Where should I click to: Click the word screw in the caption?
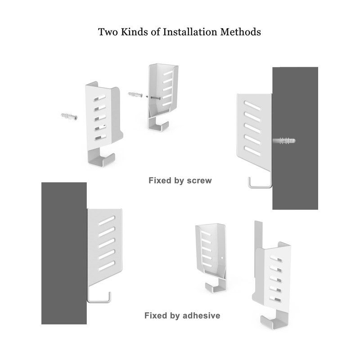point(200,180)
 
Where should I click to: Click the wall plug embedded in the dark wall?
point(285,141)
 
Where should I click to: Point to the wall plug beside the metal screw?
point(136,95)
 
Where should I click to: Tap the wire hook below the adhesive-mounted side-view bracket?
point(99,297)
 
